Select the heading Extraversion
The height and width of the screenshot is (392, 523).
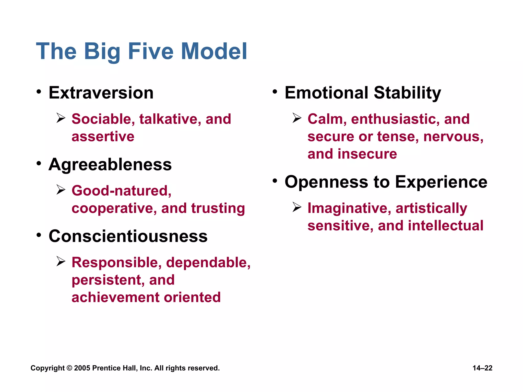pos(101,93)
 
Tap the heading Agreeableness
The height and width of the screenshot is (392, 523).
pos(110,165)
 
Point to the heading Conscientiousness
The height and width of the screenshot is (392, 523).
pos(128,236)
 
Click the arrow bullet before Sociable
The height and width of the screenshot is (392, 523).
pos(61,118)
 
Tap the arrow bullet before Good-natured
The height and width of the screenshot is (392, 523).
pos(61,190)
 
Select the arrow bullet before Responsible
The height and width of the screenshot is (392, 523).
pos(61,262)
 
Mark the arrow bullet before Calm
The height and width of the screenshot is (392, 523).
pos(297,118)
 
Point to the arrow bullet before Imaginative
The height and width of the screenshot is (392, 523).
pos(297,207)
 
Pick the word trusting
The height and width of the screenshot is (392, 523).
pos(218,208)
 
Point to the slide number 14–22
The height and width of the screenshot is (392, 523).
pos(482,368)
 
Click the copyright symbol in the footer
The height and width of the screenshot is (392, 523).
pos(69,368)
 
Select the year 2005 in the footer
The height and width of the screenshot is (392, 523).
pos(82,368)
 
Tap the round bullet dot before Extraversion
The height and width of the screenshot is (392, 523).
pos(39,92)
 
